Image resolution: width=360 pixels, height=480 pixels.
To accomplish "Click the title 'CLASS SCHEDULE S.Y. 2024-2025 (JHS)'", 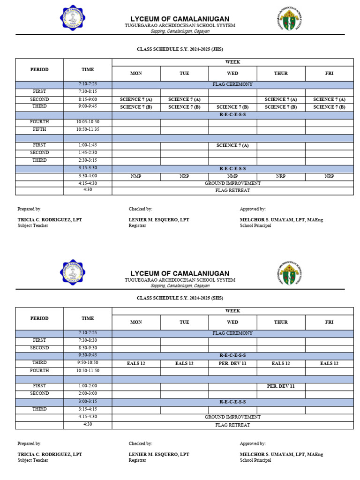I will click(x=180, y=49).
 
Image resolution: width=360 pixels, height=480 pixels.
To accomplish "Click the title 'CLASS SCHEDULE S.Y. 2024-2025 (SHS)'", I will click(x=180, y=298).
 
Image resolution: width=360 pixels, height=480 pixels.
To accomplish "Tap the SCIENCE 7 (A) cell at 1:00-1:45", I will click(x=232, y=145).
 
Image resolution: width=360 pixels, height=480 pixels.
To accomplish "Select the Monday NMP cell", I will click(x=136, y=176).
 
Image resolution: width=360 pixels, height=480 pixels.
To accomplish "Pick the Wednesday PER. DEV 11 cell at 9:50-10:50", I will click(x=232, y=363).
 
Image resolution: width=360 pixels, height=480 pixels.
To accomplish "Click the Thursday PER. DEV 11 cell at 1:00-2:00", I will click(x=281, y=386).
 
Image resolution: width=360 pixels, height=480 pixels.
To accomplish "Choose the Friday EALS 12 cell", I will click(x=329, y=363).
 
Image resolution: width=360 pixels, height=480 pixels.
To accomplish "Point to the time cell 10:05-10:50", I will click(x=88, y=122).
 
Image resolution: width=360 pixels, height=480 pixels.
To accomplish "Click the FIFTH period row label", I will click(x=39, y=129).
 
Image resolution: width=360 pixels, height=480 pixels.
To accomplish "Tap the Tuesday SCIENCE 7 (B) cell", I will click(x=184, y=107).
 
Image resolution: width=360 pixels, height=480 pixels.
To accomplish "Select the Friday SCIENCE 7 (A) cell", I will click(x=329, y=99).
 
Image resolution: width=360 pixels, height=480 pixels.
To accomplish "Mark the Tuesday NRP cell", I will click(x=184, y=176).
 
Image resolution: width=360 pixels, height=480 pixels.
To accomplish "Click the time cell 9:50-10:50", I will click(x=88, y=363).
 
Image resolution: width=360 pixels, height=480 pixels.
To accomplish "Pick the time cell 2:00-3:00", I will click(x=88, y=394).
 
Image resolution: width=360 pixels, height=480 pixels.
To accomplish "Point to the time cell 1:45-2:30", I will click(x=88, y=153).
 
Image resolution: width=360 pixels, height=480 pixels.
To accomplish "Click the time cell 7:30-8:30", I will click(x=88, y=340).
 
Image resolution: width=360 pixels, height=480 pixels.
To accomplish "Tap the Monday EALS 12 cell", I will click(x=136, y=363).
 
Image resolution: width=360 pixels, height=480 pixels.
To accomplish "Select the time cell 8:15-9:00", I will click(x=88, y=99).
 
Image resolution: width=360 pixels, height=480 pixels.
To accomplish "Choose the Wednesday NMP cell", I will click(x=232, y=176).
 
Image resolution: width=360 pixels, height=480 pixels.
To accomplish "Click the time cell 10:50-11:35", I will click(x=88, y=129).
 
